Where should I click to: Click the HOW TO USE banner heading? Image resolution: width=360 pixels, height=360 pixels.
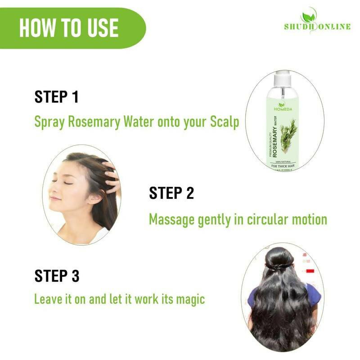(x=69, y=28)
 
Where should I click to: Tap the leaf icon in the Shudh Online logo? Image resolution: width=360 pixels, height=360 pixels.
(x=309, y=15)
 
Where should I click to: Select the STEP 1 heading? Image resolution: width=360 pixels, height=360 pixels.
(x=57, y=97)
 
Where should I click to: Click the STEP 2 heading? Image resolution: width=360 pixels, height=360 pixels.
(x=171, y=193)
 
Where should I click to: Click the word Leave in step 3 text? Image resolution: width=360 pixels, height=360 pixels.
(x=47, y=299)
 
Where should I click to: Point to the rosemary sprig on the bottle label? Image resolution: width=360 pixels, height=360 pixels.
(x=288, y=135)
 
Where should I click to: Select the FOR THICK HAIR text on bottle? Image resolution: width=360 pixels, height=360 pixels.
(x=282, y=166)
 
